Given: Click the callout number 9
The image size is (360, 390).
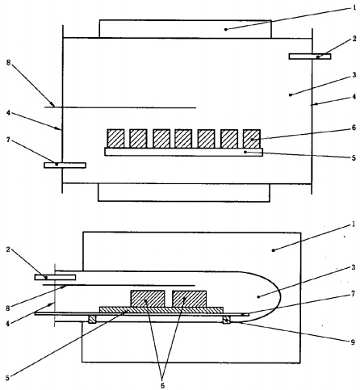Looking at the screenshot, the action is pyautogui.click(x=354, y=342).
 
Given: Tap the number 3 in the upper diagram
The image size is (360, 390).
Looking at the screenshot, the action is pyautogui.click(x=354, y=74).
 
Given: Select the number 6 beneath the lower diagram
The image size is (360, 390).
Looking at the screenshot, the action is pyautogui.click(x=162, y=385).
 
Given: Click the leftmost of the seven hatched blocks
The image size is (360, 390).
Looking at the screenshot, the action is pyautogui.click(x=115, y=139).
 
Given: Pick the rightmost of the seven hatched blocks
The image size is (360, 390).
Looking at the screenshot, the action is pyautogui.click(x=252, y=139).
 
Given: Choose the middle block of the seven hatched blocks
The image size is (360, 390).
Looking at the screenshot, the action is pyautogui.click(x=183, y=139).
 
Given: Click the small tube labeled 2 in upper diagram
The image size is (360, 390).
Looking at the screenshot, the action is pyautogui.click(x=310, y=57).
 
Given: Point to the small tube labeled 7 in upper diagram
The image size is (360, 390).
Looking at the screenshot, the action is pyautogui.click(x=65, y=166).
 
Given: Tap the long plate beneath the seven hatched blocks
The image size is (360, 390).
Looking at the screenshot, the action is pyautogui.click(x=184, y=152).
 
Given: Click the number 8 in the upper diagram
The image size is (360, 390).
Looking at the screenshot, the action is pyautogui.click(x=9, y=63).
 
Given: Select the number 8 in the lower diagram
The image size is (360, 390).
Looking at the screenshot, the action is pyautogui.click(x=8, y=308).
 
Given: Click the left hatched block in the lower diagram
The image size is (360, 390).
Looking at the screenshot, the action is pyautogui.click(x=148, y=299).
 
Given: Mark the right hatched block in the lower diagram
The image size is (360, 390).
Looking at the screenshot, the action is pyautogui.click(x=190, y=299).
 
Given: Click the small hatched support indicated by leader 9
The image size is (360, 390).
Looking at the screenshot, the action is pyautogui.click(x=226, y=320).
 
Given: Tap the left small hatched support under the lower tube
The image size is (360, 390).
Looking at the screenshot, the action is pyautogui.click(x=92, y=320).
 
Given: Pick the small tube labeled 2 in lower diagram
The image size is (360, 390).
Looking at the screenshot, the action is pyautogui.click(x=55, y=277).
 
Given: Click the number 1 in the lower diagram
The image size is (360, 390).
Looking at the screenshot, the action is pyautogui.click(x=354, y=224).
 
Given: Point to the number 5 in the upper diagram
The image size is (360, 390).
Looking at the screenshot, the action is pyautogui.click(x=354, y=157).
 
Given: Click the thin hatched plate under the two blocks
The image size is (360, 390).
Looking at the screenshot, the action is pyautogui.click(x=161, y=310).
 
